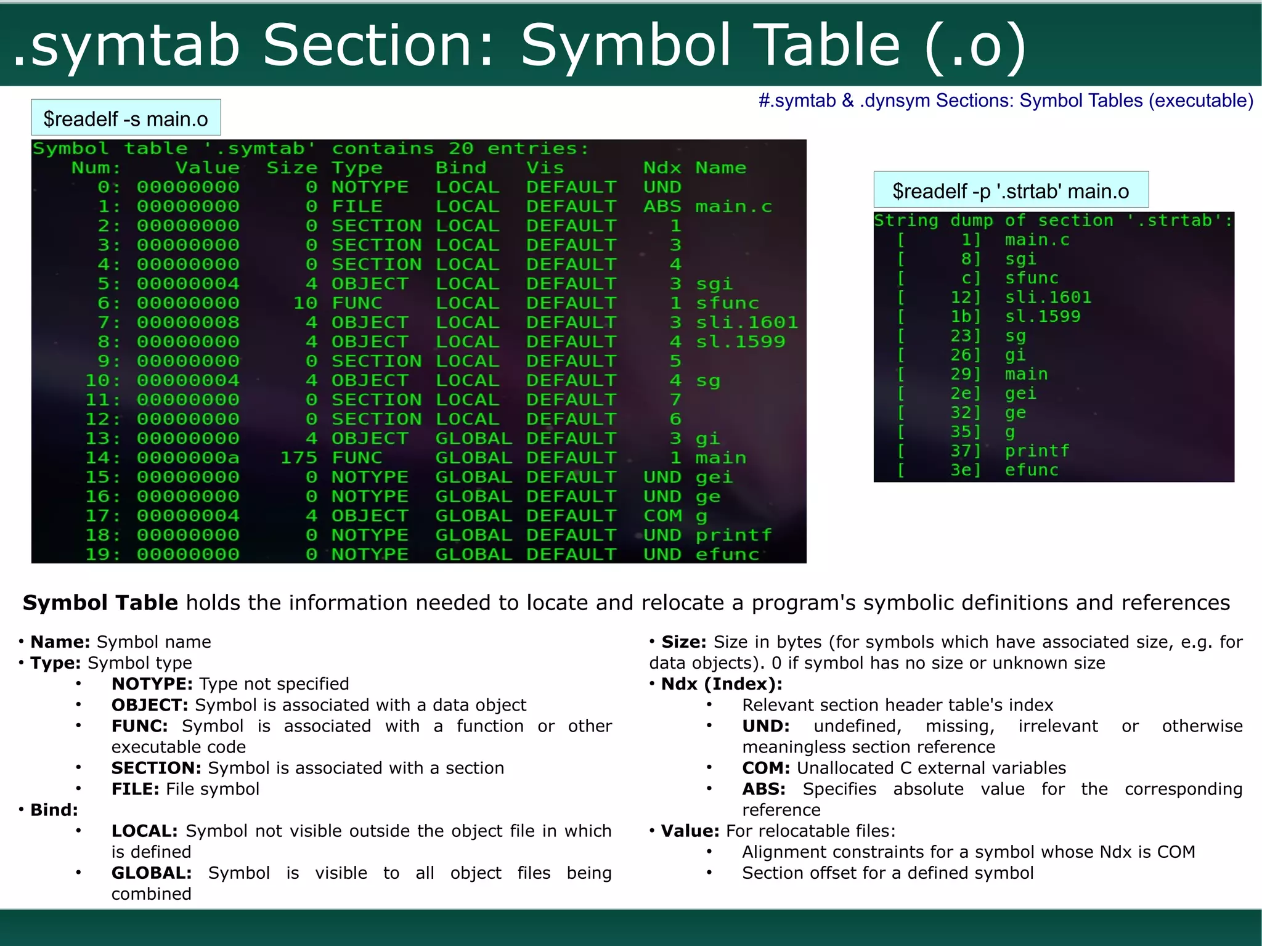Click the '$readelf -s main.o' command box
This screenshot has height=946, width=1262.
126,118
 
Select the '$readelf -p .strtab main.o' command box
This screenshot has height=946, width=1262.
1011,190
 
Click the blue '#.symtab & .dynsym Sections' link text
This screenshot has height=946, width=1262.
1006,100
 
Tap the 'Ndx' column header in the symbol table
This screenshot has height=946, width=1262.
662,168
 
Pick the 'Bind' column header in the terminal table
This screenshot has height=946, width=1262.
461,168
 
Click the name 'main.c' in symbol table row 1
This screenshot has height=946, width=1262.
733,206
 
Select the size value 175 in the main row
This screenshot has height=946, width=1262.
299,458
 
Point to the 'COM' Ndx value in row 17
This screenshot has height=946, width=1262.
662,516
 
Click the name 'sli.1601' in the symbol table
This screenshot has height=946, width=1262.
746,322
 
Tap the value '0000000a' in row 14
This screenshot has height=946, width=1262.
188,458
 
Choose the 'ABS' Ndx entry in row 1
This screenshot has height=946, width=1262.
662,206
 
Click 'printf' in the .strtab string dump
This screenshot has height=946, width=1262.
1037,451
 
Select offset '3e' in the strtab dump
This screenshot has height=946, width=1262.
964,470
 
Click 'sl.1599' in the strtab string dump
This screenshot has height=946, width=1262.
1043,317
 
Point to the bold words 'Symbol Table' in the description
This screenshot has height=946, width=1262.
100,603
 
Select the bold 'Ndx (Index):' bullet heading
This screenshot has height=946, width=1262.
722,684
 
